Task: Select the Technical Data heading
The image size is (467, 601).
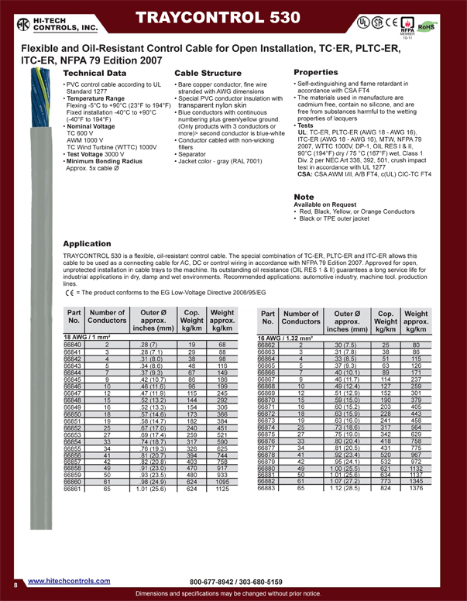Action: pyautogui.click(x=94, y=72)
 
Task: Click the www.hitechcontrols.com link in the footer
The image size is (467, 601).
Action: pyautogui.click(x=69, y=580)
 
